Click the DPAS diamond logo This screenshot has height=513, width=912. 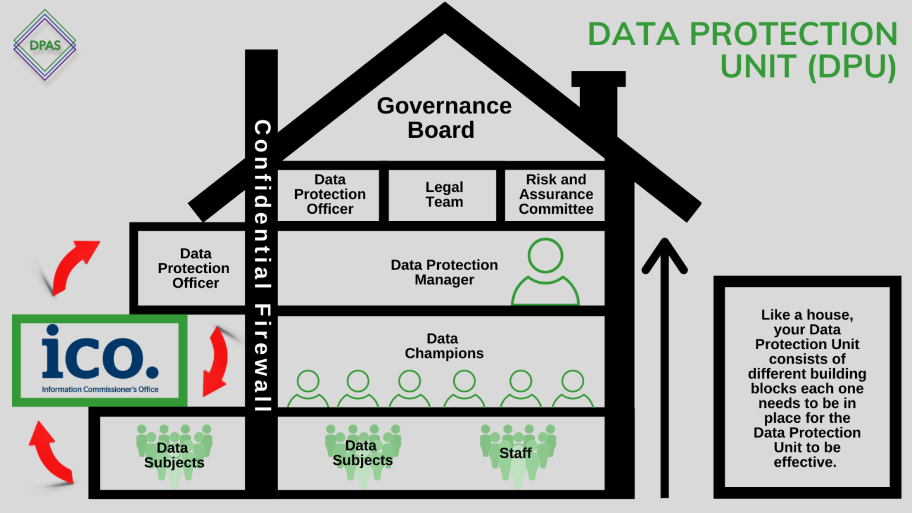[x=45, y=45]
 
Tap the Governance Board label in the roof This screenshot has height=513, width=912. [x=444, y=118]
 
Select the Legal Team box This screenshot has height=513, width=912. [x=444, y=195]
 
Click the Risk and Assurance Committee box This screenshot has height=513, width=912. [x=556, y=195]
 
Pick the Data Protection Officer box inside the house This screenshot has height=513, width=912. [x=330, y=195]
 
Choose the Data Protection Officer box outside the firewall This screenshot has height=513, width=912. [x=194, y=268]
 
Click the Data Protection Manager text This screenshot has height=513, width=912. [x=444, y=273]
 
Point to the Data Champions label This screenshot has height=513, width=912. [x=444, y=346]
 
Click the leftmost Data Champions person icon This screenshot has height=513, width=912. [x=308, y=389]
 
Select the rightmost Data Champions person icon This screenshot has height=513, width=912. [x=573, y=389]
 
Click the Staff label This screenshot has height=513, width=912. [x=515, y=453]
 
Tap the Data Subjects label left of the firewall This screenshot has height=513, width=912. [x=173, y=455]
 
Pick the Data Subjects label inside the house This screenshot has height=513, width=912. [x=362, y=453]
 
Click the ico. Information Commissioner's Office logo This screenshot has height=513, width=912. [x=100, y=360]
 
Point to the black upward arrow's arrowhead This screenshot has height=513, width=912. [x=664, y=252]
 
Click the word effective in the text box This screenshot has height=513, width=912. [x=805, y=463]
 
